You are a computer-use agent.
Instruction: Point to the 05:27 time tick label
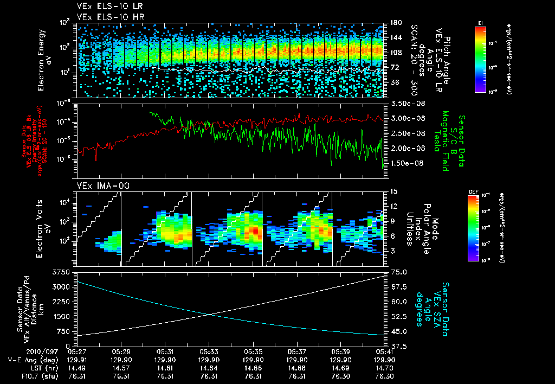coord(77,352)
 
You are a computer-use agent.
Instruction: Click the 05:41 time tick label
coord(384,352)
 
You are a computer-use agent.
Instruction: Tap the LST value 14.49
coord(77,368)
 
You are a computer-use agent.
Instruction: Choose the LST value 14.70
coord(384,368)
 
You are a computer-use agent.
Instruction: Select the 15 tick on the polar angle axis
coord(392,191)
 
